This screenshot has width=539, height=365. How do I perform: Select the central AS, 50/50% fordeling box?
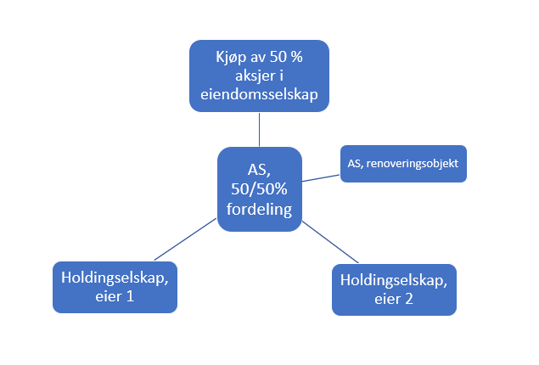tap(260, 189)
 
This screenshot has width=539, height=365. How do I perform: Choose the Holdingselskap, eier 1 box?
tap(115, 286)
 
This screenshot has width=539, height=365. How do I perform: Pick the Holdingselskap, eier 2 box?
tap(393, 289)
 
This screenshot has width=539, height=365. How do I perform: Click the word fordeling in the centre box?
tap(260, 209)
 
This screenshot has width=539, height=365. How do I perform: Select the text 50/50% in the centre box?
tap(260, 189)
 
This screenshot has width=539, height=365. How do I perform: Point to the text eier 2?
tap(393, 298)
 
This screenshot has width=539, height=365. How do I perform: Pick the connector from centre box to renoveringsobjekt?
tap(320, 178)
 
